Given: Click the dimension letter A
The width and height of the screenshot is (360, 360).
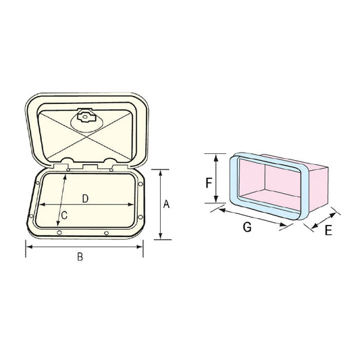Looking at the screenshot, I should coord(166,204).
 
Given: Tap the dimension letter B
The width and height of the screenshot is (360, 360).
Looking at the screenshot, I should coord(80,257).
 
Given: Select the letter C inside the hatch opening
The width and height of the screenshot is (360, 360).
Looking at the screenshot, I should coord(63,215).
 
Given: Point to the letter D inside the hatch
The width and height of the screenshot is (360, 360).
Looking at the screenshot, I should coord(85,198).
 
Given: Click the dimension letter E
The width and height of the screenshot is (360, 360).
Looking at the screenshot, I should coord(328,230).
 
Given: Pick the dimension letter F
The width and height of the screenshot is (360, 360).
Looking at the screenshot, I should coord(209,182).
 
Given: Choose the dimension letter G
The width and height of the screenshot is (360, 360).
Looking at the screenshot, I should coord(247,228).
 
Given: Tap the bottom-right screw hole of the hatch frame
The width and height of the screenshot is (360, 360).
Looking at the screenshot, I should coord(107,233).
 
